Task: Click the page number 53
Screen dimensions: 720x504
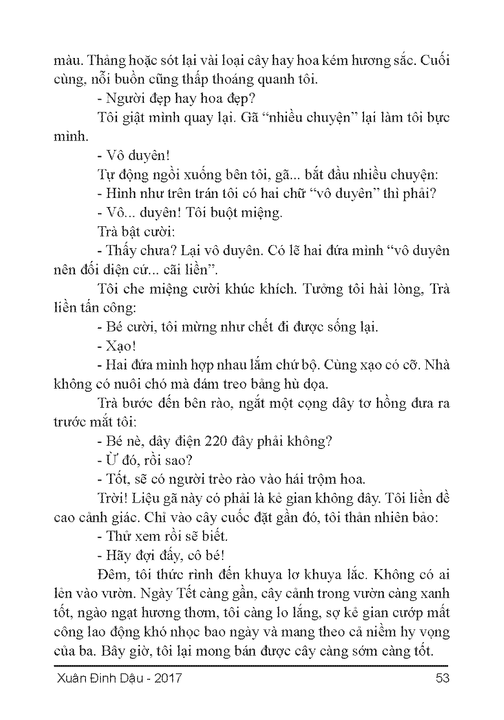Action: (442, 677)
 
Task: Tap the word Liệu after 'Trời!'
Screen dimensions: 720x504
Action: (146, 498)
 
